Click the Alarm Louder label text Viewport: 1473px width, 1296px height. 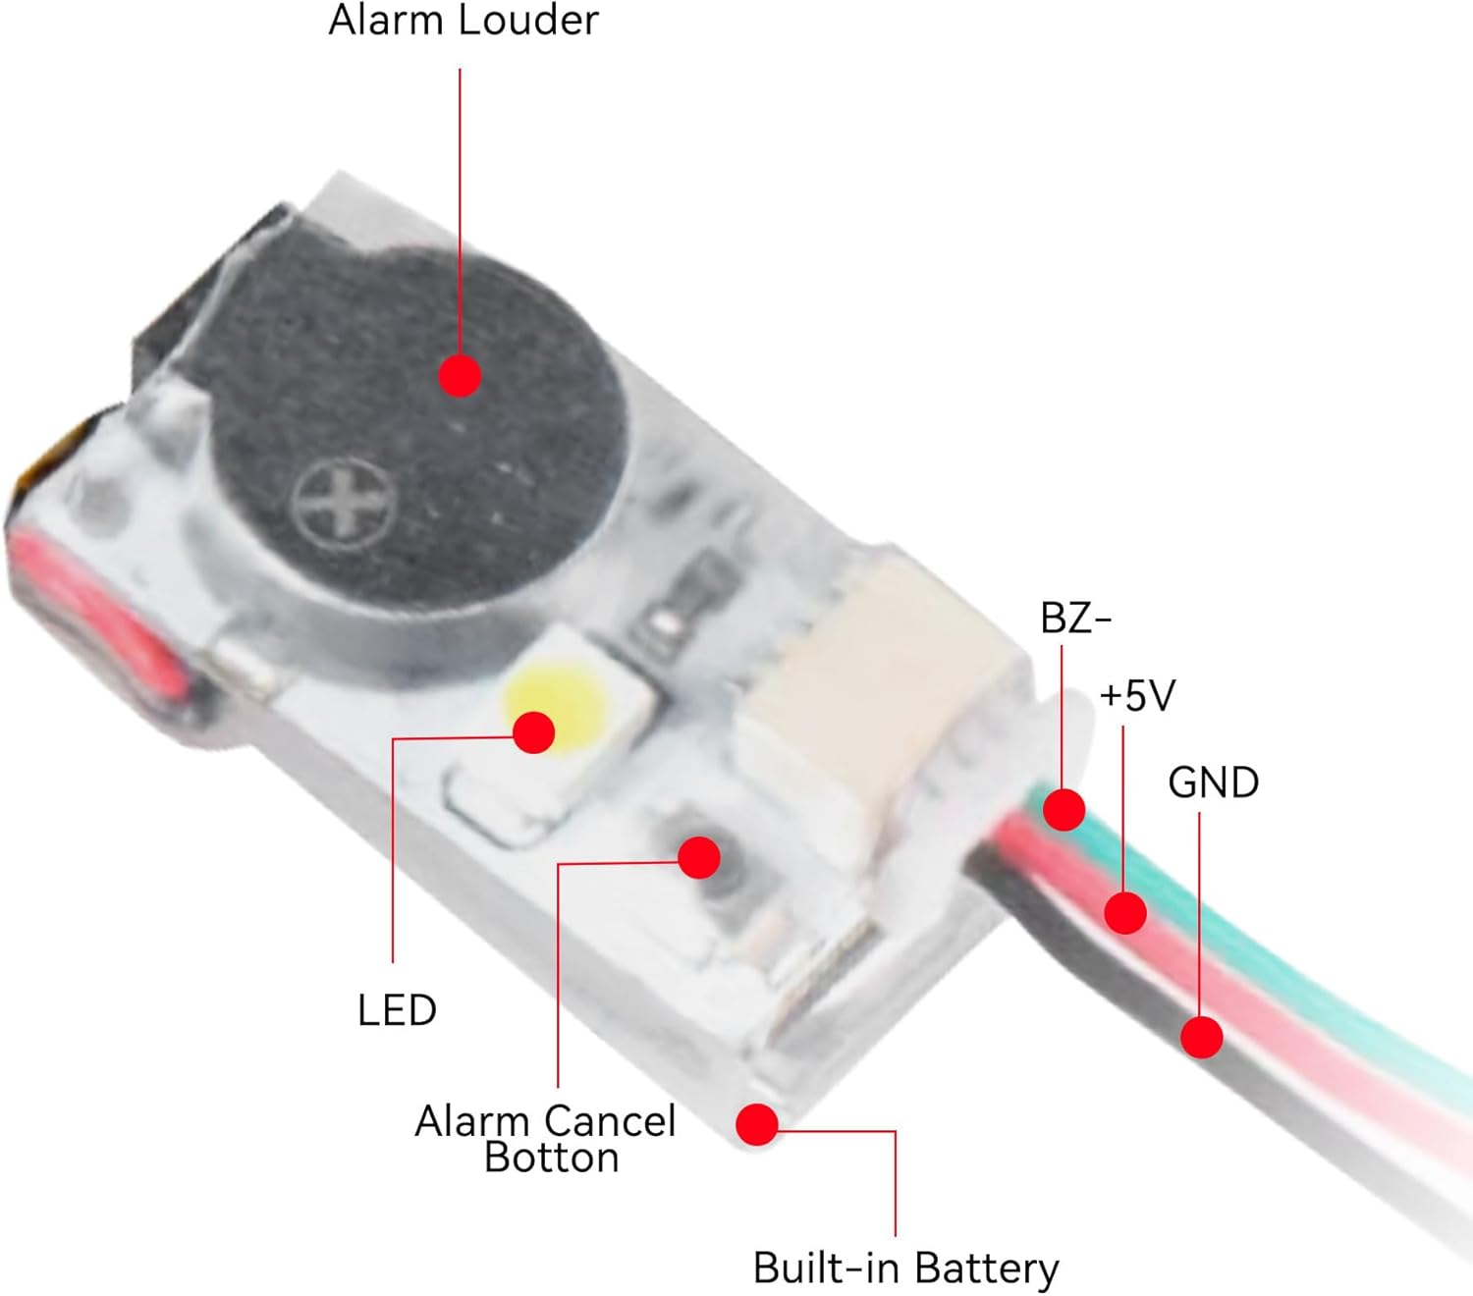pos(463,21)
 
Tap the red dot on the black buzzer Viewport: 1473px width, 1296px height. pos(460,375)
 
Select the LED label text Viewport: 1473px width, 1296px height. pos(397,1010)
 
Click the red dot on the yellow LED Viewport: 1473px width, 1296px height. pos(534,731)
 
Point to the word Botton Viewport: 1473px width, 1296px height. pos(551,1159)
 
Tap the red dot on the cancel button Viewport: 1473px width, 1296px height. pos(698,857)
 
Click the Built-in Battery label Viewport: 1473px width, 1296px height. pos(905,1268)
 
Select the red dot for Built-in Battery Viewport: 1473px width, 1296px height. pos(757,1124)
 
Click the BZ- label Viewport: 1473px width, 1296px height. pos(1075,619)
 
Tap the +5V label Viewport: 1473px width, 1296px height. pos(1137,696)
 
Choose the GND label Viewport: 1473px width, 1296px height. pos(1213,783)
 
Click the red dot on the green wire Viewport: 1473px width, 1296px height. pos(1064,810)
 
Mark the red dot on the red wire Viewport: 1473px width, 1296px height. pos(1124,913)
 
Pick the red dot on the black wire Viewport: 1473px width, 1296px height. pos(1201,1037)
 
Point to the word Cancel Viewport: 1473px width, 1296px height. pos(609,1121)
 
